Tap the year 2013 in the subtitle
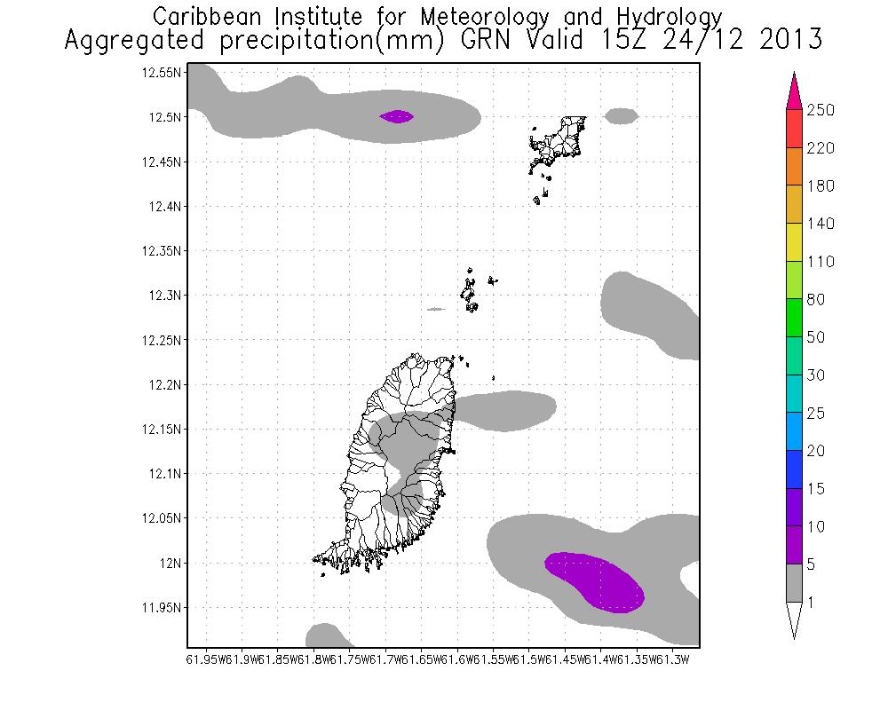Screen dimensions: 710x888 (x=785, y=41)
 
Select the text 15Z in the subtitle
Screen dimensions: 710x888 (x=581, y=41)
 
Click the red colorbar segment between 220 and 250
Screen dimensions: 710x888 (x=794, y=129)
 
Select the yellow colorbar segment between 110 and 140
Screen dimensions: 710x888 (x=794, y=243)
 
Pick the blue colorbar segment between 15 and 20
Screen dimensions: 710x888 (x=794, y=470)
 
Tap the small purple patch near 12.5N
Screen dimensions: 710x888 (x=396, y=116)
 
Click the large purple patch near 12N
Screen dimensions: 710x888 (x=595, y=581)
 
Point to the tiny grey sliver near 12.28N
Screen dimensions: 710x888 (x=435, y=309)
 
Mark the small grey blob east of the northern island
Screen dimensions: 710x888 (x=622, y=115)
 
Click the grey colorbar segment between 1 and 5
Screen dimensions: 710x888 (x=794, y=584)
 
